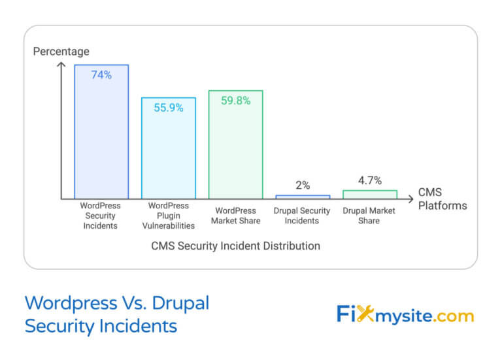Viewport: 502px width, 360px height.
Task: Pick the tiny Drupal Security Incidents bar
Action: point(303,196)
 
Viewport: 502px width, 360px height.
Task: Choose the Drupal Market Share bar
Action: point(370,194)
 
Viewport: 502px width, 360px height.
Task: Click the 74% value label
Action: point(101,75)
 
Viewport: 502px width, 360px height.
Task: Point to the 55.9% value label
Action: point(169,108)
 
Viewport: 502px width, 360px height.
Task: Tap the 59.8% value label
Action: point(235,101)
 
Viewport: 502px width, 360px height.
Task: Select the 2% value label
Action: point(303,186)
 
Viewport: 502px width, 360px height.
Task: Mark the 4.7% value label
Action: point(370,180)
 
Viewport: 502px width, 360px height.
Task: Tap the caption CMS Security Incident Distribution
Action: point(236,246)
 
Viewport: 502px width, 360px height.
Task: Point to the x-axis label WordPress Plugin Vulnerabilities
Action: point(169,216)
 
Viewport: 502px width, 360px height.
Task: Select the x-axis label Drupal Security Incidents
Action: point(303,216)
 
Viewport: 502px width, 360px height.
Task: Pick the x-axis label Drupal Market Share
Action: point(370,216)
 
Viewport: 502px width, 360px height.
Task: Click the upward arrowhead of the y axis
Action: point(62,65)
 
